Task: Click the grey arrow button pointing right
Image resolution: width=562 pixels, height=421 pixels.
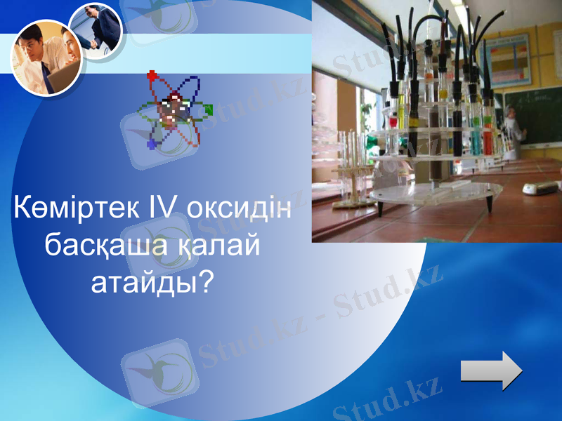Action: pyautogui.click(x=491, y=370)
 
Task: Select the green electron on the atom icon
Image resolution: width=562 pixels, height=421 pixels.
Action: pyautogui.click(x=208, y=109)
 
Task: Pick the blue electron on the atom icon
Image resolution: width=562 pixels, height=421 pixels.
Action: pyautogui.click(x=152, y=144)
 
